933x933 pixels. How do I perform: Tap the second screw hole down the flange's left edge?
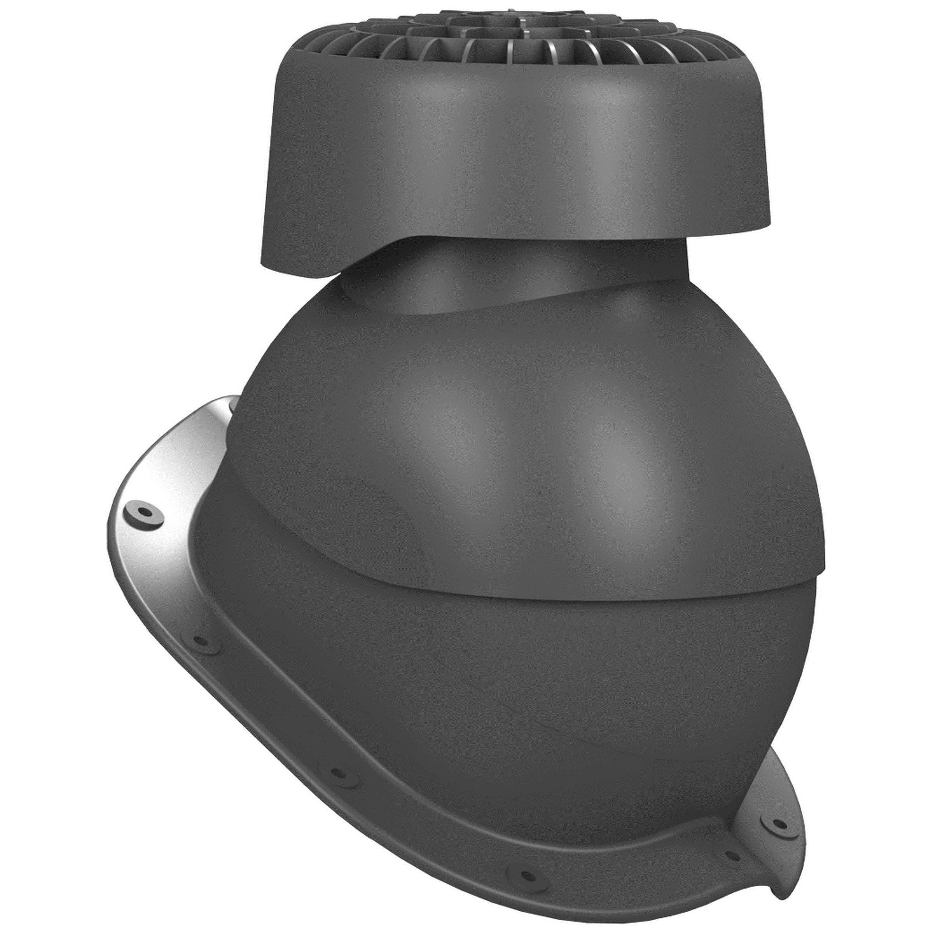coord(199,641)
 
